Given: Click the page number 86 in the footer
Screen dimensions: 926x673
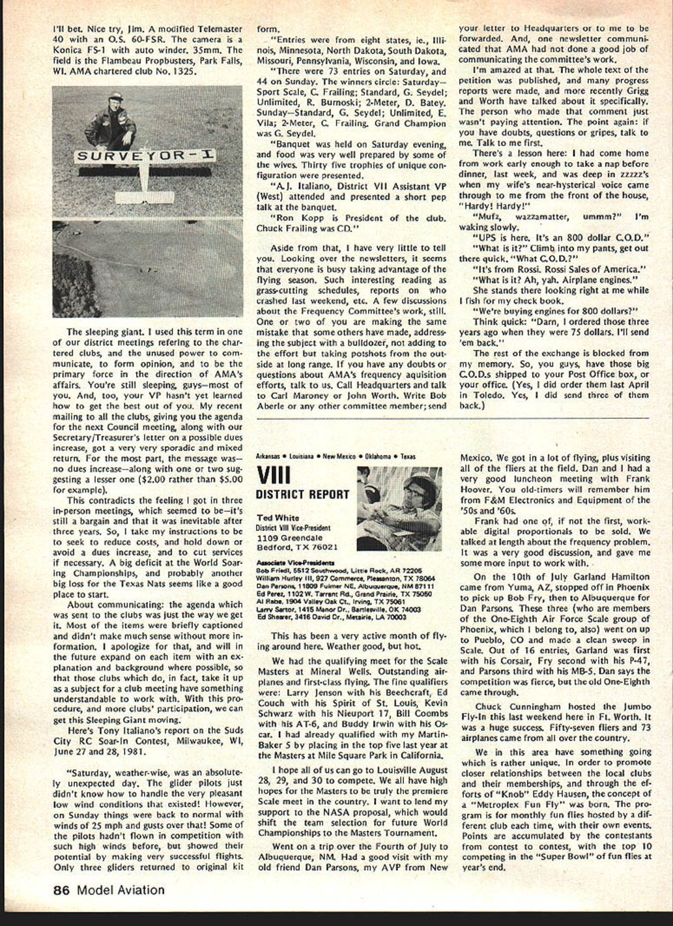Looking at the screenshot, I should pyautogui.click(x=61, y=890).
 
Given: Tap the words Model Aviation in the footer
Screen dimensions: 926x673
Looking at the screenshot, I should pyautogui.click(x=121, y=890).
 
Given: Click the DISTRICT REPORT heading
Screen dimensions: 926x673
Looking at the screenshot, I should pyautogui.click(x=302, y=494).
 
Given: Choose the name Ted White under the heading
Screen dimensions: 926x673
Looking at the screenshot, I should pyautogui.click(x=278, y=518).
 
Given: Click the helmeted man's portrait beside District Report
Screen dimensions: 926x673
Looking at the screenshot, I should pyautogui.click(x=399, y=499).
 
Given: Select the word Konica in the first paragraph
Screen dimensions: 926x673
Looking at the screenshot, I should pyautogui.click(x=67, y=50).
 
